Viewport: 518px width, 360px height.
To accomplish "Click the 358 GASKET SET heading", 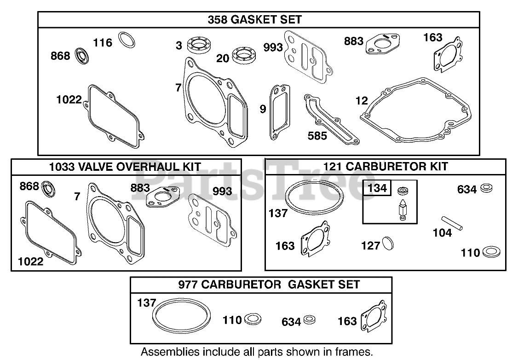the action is (x=254, y=19).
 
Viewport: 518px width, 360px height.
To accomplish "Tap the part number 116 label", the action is (x=103, y=43).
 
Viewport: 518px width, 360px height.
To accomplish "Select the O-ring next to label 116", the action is (x=127, y=40).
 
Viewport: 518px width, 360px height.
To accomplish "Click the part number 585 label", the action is (x=317, y=135).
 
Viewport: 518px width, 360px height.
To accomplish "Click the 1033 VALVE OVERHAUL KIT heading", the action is (x=125, y=167).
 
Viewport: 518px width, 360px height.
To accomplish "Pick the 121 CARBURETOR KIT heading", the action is (x=386, y=167).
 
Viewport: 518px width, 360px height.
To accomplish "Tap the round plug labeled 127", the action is (x=388, y=244).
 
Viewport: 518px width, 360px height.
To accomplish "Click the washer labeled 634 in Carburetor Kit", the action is (x=485, y=188).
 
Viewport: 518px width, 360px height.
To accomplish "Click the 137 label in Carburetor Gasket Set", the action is (x=147, y=302).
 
